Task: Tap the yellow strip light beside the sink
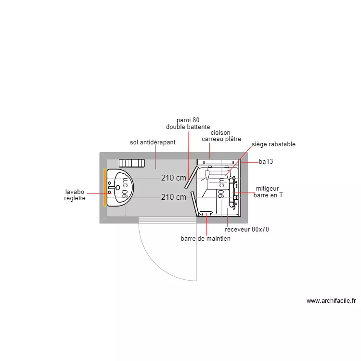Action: click(104, 188)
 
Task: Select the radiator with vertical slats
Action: click(132, 163)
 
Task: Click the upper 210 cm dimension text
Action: click(173, 178)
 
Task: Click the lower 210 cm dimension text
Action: click(173, 197)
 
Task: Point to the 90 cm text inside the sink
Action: click(125, 188)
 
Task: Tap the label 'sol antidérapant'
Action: click(153, 142)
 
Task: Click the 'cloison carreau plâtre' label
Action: click(221, 136)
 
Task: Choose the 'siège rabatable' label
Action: click(273, 144)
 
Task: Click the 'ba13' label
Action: click(266, 162)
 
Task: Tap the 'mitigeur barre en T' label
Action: click(268, 192)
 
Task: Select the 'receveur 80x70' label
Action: click(246, 230)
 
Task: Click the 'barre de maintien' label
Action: click(206, 239)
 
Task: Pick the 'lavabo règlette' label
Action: click(75, 195)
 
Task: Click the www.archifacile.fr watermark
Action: click(331, 301)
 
